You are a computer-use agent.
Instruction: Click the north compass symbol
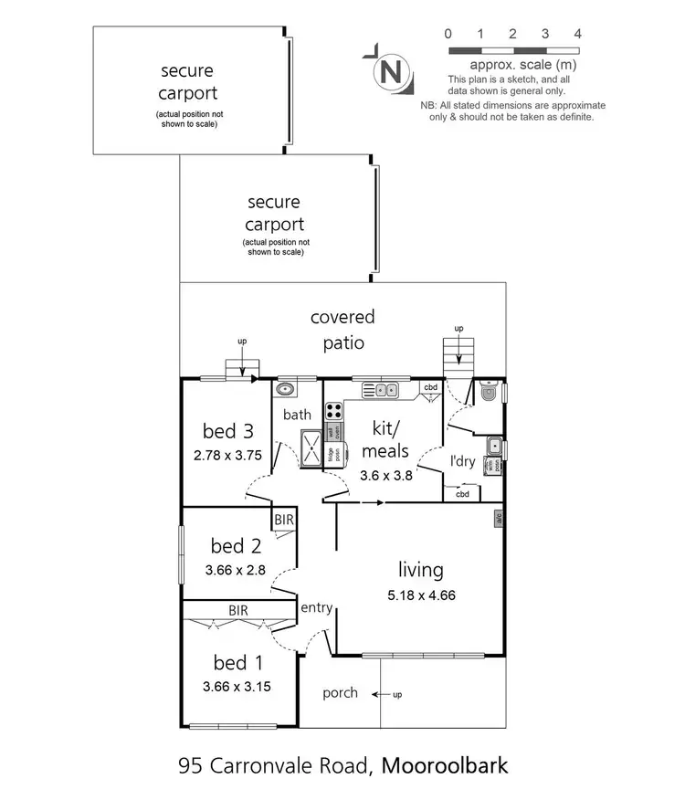pos(391,69)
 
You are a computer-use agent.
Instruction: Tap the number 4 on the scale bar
pos(577,34)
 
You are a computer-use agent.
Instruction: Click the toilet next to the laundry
pos(490,393)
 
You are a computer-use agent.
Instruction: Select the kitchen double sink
pos(380,390)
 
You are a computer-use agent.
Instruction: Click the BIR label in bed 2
pos(283,520)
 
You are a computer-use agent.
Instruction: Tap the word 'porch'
pos(340,693)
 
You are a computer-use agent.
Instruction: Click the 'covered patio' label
pos(342,330)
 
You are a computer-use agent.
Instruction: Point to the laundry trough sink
pos(492,446)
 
